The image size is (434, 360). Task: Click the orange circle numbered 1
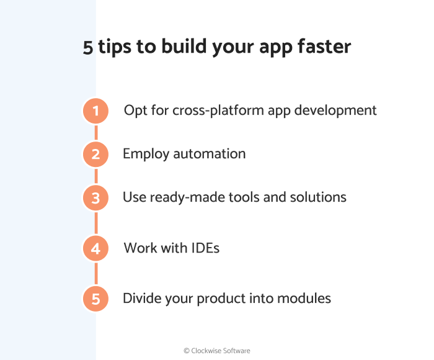pyautogui.click(x=95, y=111)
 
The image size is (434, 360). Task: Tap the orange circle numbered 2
pyautogui.click(x=95, y=154)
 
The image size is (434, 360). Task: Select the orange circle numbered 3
pyautogui.click(x=95, y=198)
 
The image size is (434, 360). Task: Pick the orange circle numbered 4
pyautogui.click(x=95, y=249)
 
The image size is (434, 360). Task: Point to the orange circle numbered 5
pyautogui.click(x=95, y=299)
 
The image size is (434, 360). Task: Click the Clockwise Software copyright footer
pyautogui.click(x=217, y=351)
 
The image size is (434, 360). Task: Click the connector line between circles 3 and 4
pyautogui.click(x=95, y=223)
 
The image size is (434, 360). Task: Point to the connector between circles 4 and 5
pyautogui.click(x=95, y=274)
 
